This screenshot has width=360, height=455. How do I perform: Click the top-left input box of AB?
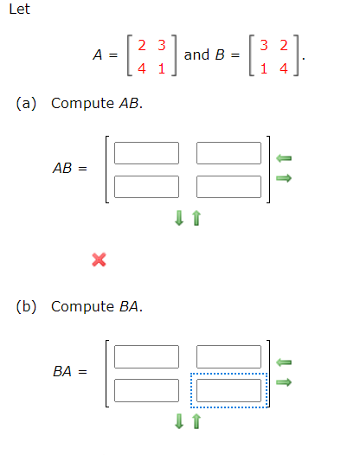coord(146,153)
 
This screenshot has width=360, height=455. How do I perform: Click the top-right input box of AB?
coord(229,153)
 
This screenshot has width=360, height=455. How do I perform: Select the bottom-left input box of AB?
coord(146,186)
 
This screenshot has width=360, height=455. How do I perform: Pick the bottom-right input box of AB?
coord(229,186)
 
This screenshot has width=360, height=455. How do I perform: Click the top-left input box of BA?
coord(146,356)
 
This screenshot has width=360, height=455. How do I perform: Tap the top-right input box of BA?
coord(229,356)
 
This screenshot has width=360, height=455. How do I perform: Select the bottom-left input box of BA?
coord(146,389)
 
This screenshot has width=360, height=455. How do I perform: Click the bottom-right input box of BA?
coord(229,389)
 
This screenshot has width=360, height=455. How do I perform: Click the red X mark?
coord(99,259)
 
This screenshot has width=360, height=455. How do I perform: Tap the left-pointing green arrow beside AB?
coord(283,158)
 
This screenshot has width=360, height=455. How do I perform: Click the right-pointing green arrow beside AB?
coord(283,179)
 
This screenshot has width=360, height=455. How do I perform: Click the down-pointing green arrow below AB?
coord(179,220)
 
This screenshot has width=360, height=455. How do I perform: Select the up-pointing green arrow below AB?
coord(196,220)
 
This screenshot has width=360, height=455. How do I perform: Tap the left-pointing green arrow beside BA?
coord(283,362)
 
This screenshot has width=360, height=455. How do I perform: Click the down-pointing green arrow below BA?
coord(179,422)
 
